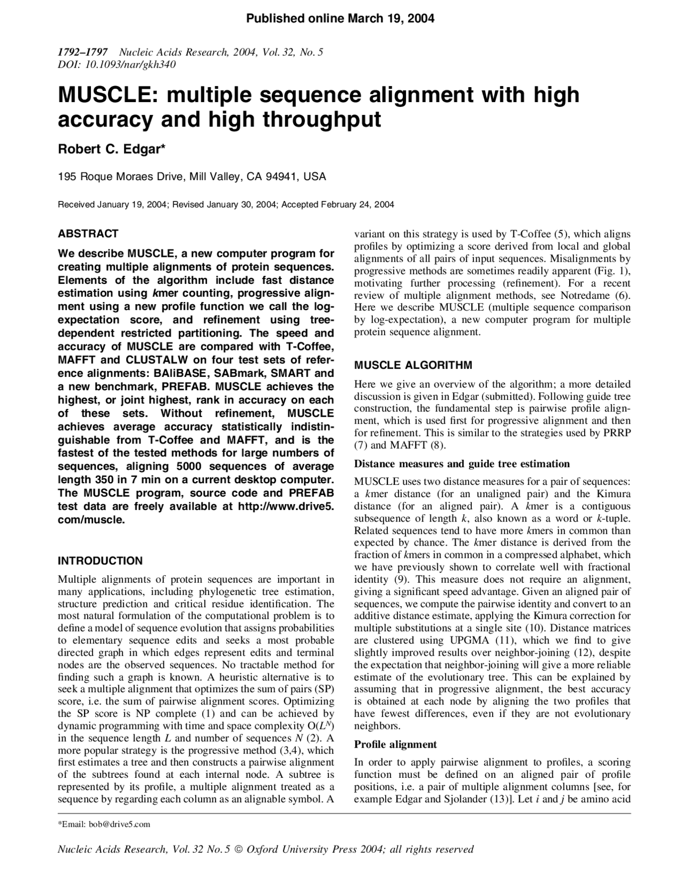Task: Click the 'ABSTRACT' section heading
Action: coord(88,234)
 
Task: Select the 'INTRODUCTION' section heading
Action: coord(100,561)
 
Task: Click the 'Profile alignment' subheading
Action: coord(395,744)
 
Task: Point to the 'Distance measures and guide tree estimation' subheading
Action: coord(462,464)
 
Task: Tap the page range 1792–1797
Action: coord(82,52)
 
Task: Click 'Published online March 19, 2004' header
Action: coord(340,19)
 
